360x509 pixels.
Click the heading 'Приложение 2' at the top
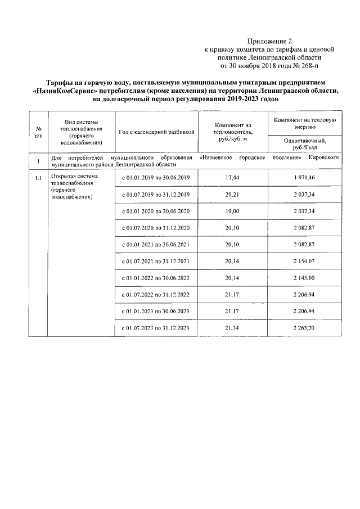(270, 41)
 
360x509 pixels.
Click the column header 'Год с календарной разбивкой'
(157, 132)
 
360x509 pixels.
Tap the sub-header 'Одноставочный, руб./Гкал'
(305, 143)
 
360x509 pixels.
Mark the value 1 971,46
(305, 178)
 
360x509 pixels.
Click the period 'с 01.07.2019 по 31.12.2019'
(157, 195)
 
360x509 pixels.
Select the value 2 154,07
(305, 262)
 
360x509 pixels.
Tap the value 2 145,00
(305, 278)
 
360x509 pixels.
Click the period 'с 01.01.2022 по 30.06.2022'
(157, 278)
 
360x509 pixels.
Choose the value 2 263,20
(305, 328)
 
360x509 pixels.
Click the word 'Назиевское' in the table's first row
(219, 159)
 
